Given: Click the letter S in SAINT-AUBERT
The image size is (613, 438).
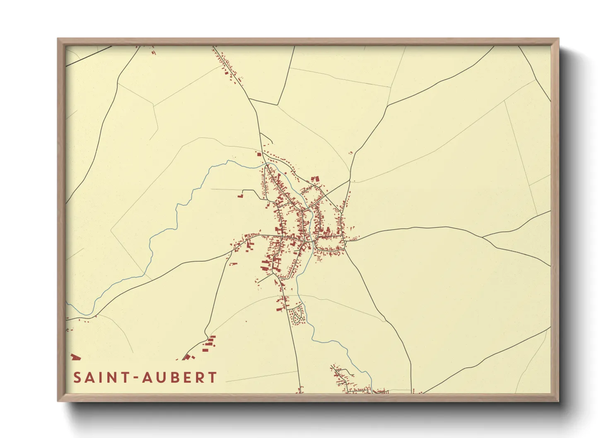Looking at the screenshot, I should (77, 378).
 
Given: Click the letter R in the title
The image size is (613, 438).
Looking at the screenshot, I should (202, 378).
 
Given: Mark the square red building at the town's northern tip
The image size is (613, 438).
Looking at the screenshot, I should (260, 154).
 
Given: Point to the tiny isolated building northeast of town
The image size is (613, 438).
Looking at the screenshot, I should (350, 153).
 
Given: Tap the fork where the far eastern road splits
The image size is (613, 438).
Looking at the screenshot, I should (483, 237).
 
